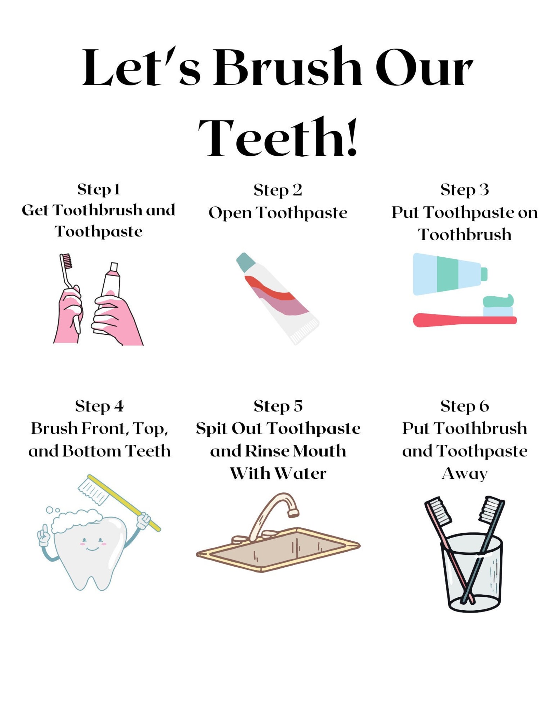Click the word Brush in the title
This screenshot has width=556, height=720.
(287, 67)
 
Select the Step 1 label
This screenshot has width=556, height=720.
(99, 189)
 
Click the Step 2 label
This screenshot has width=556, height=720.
(278, 190)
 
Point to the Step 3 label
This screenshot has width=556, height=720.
(464, 190)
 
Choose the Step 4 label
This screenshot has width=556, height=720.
(99, 406)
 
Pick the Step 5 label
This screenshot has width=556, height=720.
(278, 406)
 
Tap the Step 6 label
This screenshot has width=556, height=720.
(465, 406)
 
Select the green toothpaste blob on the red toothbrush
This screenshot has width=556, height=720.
(498, 300)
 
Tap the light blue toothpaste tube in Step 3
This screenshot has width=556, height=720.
(446, 274)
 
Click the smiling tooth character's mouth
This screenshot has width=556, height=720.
(92, 548)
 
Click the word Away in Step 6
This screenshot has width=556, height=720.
(465, 473)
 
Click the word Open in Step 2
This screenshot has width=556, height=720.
(230, 213)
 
